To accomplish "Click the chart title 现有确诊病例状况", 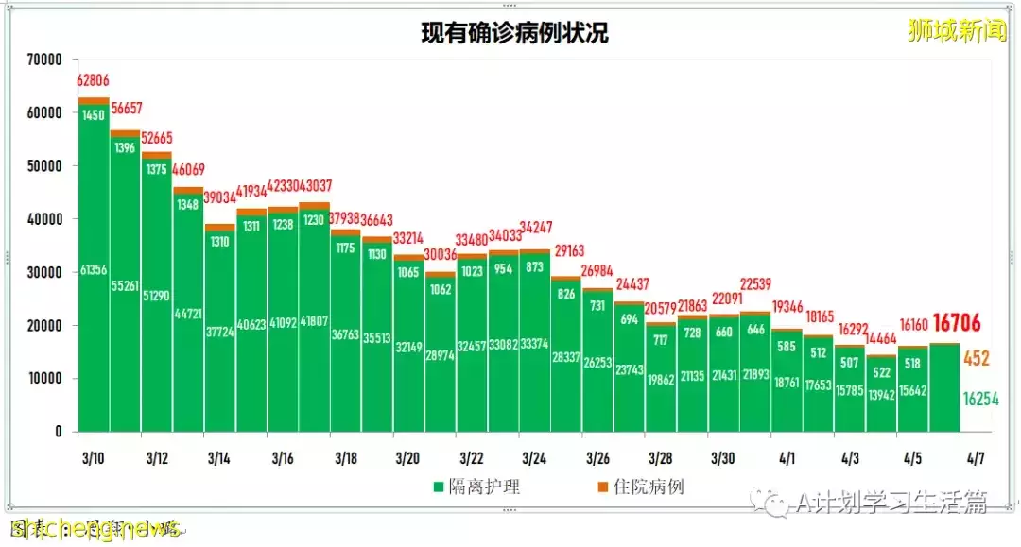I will click(x=515, y=34).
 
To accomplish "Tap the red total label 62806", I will click(x=94, y=81).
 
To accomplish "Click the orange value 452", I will click(x=977, y=359).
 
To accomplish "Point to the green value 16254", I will click(x=980, y=399).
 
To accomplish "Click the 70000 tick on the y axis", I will click(x=44, y=60).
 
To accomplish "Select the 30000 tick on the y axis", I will click(x=44, y=272).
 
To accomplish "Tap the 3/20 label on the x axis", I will click(x=408, y=458).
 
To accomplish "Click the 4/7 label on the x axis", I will click(x=976, y=458).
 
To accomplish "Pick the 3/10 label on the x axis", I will click(x=93, y=458).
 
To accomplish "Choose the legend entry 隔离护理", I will click(x=476, y=487).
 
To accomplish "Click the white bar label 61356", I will click(x=94, y=272).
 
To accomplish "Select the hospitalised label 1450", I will click(x=94, y=115).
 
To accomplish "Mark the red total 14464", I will click(x=882, y=337).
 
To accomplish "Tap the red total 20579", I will click(x=661, y=308).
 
